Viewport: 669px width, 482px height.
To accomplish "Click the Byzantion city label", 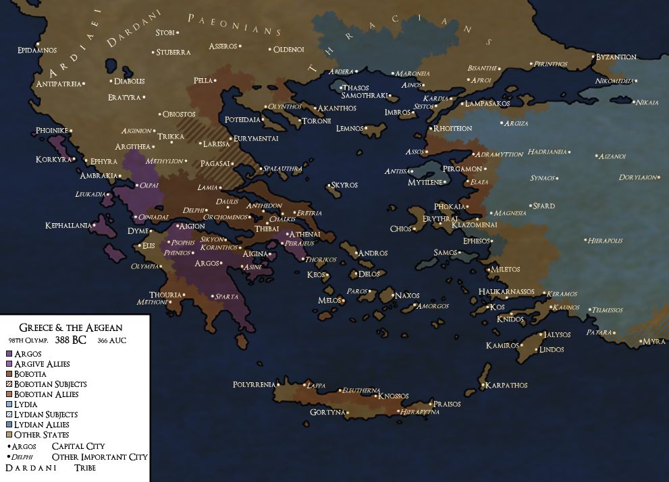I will (616, 57).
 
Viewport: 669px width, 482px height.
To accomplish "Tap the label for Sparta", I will (227, 296).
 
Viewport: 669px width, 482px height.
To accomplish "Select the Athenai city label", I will (304, 234).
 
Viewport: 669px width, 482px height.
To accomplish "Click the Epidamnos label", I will (37, 50).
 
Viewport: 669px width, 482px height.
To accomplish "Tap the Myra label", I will (653, 342).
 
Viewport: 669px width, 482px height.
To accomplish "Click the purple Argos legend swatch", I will (8, 353).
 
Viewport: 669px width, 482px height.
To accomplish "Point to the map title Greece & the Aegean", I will (70, 327).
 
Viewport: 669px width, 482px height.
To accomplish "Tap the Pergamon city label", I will (462, 169).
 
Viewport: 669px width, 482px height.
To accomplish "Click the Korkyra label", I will (53, 160).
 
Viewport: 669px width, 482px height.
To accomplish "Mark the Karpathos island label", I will (507, 386).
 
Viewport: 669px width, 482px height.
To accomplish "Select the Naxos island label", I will (408, 296).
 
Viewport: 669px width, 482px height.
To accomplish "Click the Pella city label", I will (203, 80).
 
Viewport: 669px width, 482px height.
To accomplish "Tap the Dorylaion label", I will (638, 177).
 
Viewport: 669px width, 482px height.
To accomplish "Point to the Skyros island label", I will (344, 185).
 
